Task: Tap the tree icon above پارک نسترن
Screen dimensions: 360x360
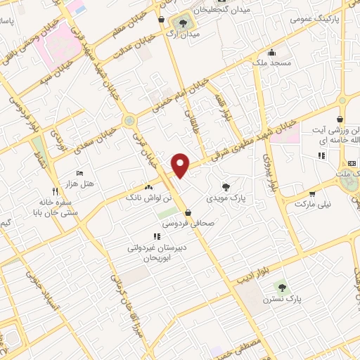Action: pyautogui.click(x=283, y=287)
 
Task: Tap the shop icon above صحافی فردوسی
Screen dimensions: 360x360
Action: pyautogui.click(x=188, y=212)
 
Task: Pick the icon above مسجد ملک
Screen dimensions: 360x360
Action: pyautogui.click(x=271, y=51)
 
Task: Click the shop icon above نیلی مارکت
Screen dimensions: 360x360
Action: pyautogui.click(x=312, y=192)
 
